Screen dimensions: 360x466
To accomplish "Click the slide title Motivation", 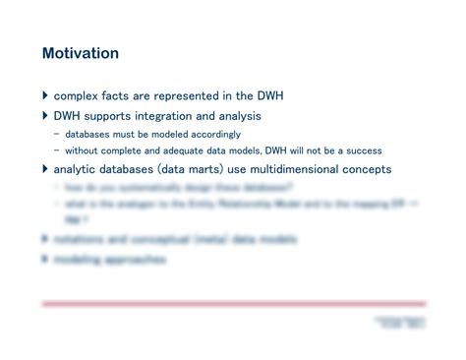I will click(x=80, y=53).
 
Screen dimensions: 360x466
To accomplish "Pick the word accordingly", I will click(x=220, y=134).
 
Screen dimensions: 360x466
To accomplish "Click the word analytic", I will click(x=78, y=169).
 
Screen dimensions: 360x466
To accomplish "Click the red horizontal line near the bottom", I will click(x=234, y=303).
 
